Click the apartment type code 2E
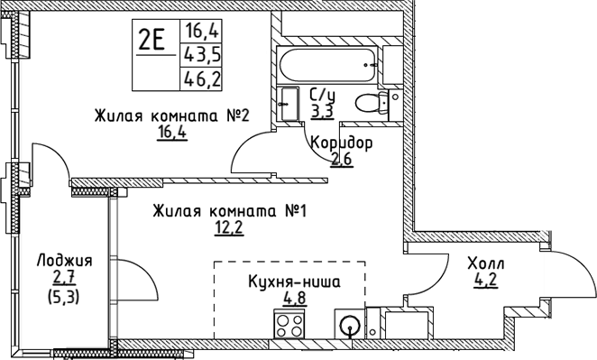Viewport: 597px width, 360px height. (150, 40)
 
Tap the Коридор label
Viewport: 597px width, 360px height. (340, 143)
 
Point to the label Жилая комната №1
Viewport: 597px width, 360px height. (230, 211)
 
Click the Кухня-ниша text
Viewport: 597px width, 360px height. (294, 282)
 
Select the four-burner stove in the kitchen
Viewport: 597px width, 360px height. (291, 324)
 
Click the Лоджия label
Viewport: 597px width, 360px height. (63, 260)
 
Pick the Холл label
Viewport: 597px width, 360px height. (485, 263)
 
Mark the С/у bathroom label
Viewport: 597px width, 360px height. (321, 95)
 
